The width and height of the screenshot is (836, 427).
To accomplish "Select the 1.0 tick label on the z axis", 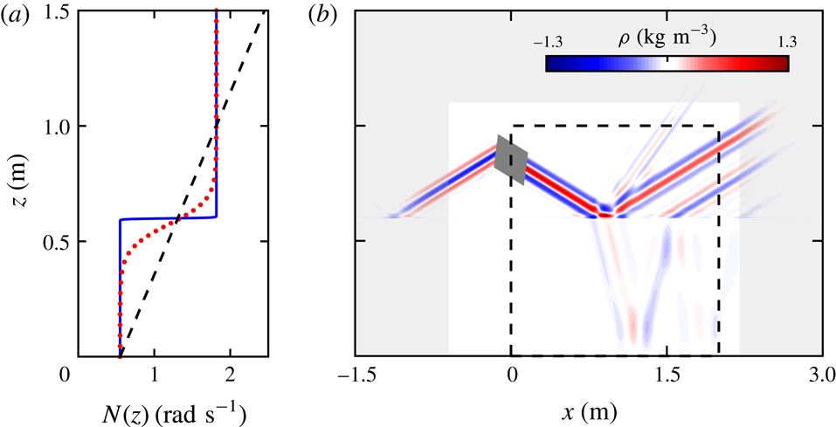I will [58, 127].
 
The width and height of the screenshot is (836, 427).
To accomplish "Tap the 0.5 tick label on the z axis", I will [58, 241].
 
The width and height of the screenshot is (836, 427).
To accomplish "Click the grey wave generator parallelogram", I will [511, 161].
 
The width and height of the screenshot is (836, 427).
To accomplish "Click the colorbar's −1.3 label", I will [546, 41].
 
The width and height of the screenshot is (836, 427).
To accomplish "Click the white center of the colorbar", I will [667, 64].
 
